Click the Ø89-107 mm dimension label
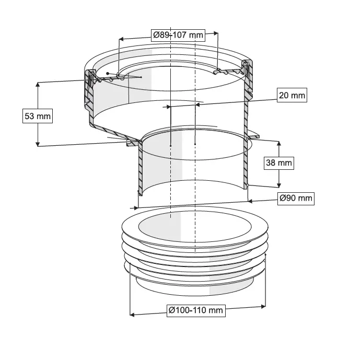coord(178,35)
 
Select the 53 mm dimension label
coord(38,116)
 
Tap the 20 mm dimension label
coord(292,95)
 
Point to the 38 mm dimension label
coord(279,162)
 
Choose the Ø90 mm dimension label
coord(296,198)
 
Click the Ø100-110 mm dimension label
coord(196,310)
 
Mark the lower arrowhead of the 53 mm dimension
coord(38,144)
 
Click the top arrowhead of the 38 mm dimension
coord(279,144)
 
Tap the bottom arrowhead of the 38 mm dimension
coord(279,185)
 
